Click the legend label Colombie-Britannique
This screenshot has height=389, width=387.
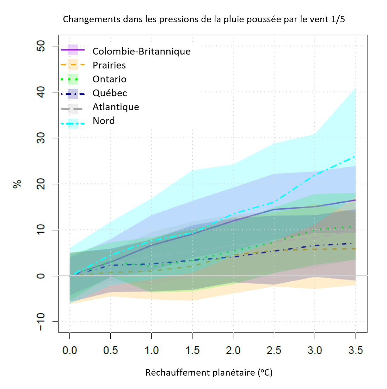pos(141,52)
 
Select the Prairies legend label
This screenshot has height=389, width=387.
pos(109,65)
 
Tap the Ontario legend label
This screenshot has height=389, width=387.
pos(110,79)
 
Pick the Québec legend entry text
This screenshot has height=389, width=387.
pos(110,93)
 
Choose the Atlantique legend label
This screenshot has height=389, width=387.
pos(116,107)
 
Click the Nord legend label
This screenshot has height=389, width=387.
pos(104,121)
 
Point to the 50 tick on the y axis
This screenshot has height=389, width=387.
pos(41,46)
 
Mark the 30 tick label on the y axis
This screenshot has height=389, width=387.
pos(41,138)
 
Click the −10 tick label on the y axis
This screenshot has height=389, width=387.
pos(41,322)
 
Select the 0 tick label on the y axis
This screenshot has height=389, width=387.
pos(41,276)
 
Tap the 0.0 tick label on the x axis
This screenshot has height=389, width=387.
pos(70,351)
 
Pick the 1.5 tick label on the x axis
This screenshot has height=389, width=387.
pos(192,351)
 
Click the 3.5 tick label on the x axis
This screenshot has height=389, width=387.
pos(355,351)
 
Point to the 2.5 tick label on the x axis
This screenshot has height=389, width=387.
pos(274,351)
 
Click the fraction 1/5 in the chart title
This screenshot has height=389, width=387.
pos(338,19)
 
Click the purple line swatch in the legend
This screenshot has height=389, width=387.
pos(73,50)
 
